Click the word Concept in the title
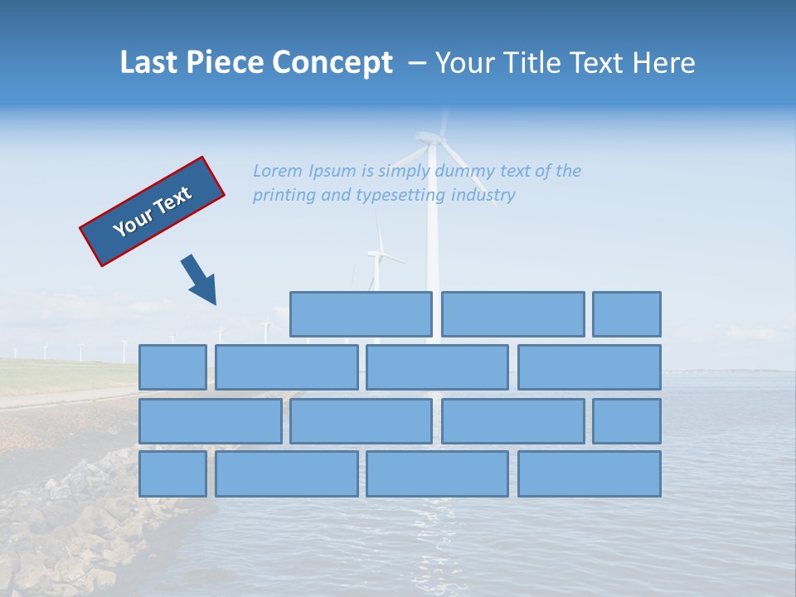point(332,63)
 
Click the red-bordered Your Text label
point(153,211)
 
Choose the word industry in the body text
point(483,196)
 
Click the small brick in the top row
point(626,314)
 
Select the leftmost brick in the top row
point(361,314)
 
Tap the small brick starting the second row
point(172,367)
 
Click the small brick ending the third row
point(626,421)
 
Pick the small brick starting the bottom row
point(172,474)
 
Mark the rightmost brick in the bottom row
point(589,474)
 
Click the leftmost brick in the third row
point(210,421)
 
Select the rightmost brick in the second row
point(589,367)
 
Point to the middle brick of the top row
point(512,314)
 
